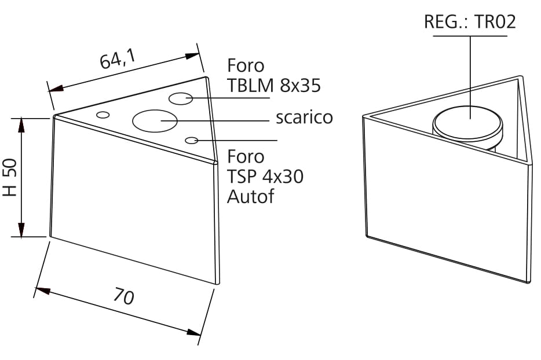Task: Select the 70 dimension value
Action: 123,296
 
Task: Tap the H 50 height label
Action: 10,178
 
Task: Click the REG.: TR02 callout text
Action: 470,22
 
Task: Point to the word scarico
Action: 304,117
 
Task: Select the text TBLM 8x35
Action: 273,86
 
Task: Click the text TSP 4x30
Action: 265,177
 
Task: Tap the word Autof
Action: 250,196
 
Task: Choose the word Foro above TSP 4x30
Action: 246,157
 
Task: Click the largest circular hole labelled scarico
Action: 154,120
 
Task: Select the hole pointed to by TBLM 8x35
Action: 181,98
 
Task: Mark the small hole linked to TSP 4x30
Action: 192,140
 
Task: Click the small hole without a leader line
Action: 103,115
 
